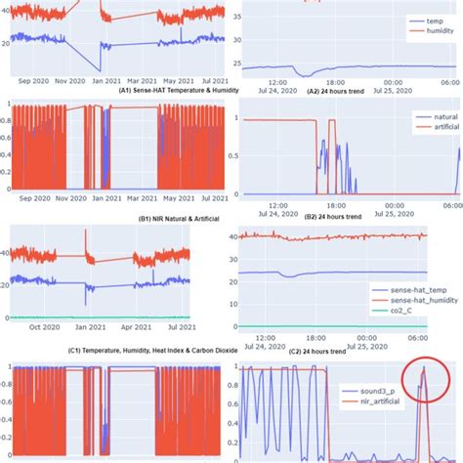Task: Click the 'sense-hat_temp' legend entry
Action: (x=414, y=291)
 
